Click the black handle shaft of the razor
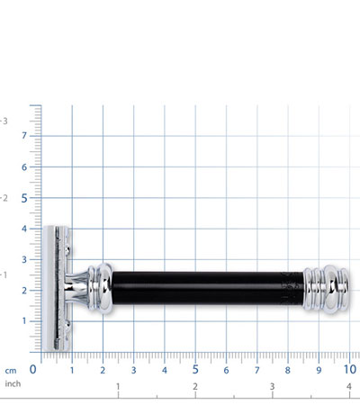[208, 288]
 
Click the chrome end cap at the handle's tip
[327, 289]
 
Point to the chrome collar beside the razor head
[100, 289]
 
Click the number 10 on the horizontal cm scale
[350, 370]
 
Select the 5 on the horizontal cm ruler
[195, 370]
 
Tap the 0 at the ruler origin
[32, 370]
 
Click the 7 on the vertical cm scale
[24, 136]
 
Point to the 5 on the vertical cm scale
[24, 198]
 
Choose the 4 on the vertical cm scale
[24, 229]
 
